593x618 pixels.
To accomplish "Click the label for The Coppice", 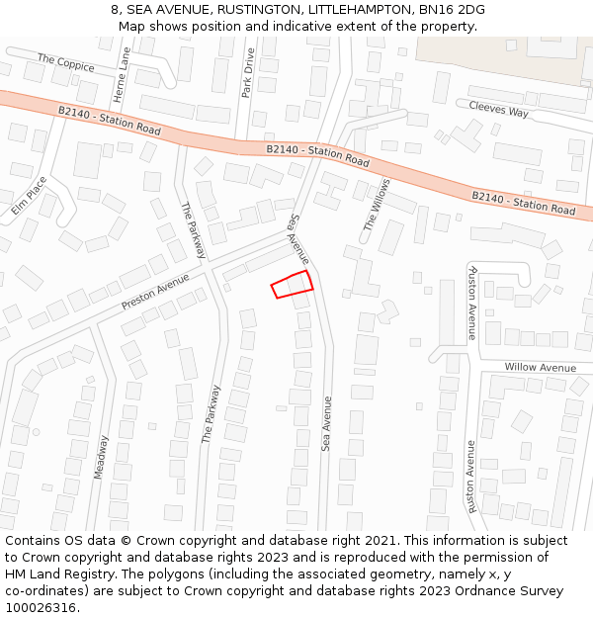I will tap(66, 63).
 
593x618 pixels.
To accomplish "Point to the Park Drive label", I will tap(248, 72).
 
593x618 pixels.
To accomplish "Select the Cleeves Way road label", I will tap(498, 109).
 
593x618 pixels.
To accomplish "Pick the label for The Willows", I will tap(377, 205).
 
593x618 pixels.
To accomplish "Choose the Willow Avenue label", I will tap(540, 368).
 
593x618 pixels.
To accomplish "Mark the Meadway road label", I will tap(100, 457).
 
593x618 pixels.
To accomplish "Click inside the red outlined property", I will tap(293, 284).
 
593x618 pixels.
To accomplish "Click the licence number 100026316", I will tap(42, 608).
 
